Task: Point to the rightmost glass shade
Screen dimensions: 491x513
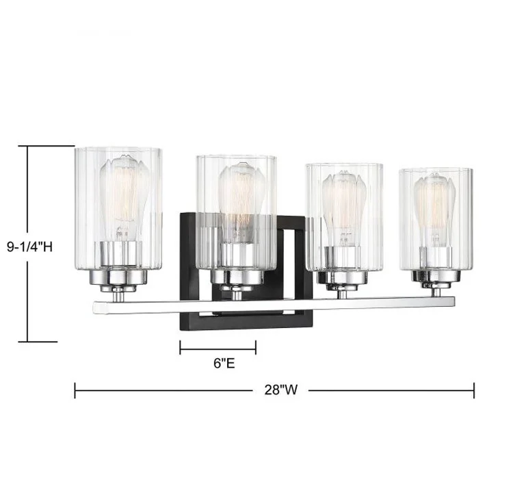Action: click(435, 212)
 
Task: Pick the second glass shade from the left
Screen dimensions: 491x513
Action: click(236, 205)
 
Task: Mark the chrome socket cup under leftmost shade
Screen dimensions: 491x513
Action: click(119, 275)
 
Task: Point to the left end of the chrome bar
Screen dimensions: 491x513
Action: click(97, 308)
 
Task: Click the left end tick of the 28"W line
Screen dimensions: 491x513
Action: click(75, 390)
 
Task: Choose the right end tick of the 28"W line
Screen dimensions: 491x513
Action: click(474, 390)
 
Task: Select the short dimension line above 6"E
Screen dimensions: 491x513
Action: click(218, 347)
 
